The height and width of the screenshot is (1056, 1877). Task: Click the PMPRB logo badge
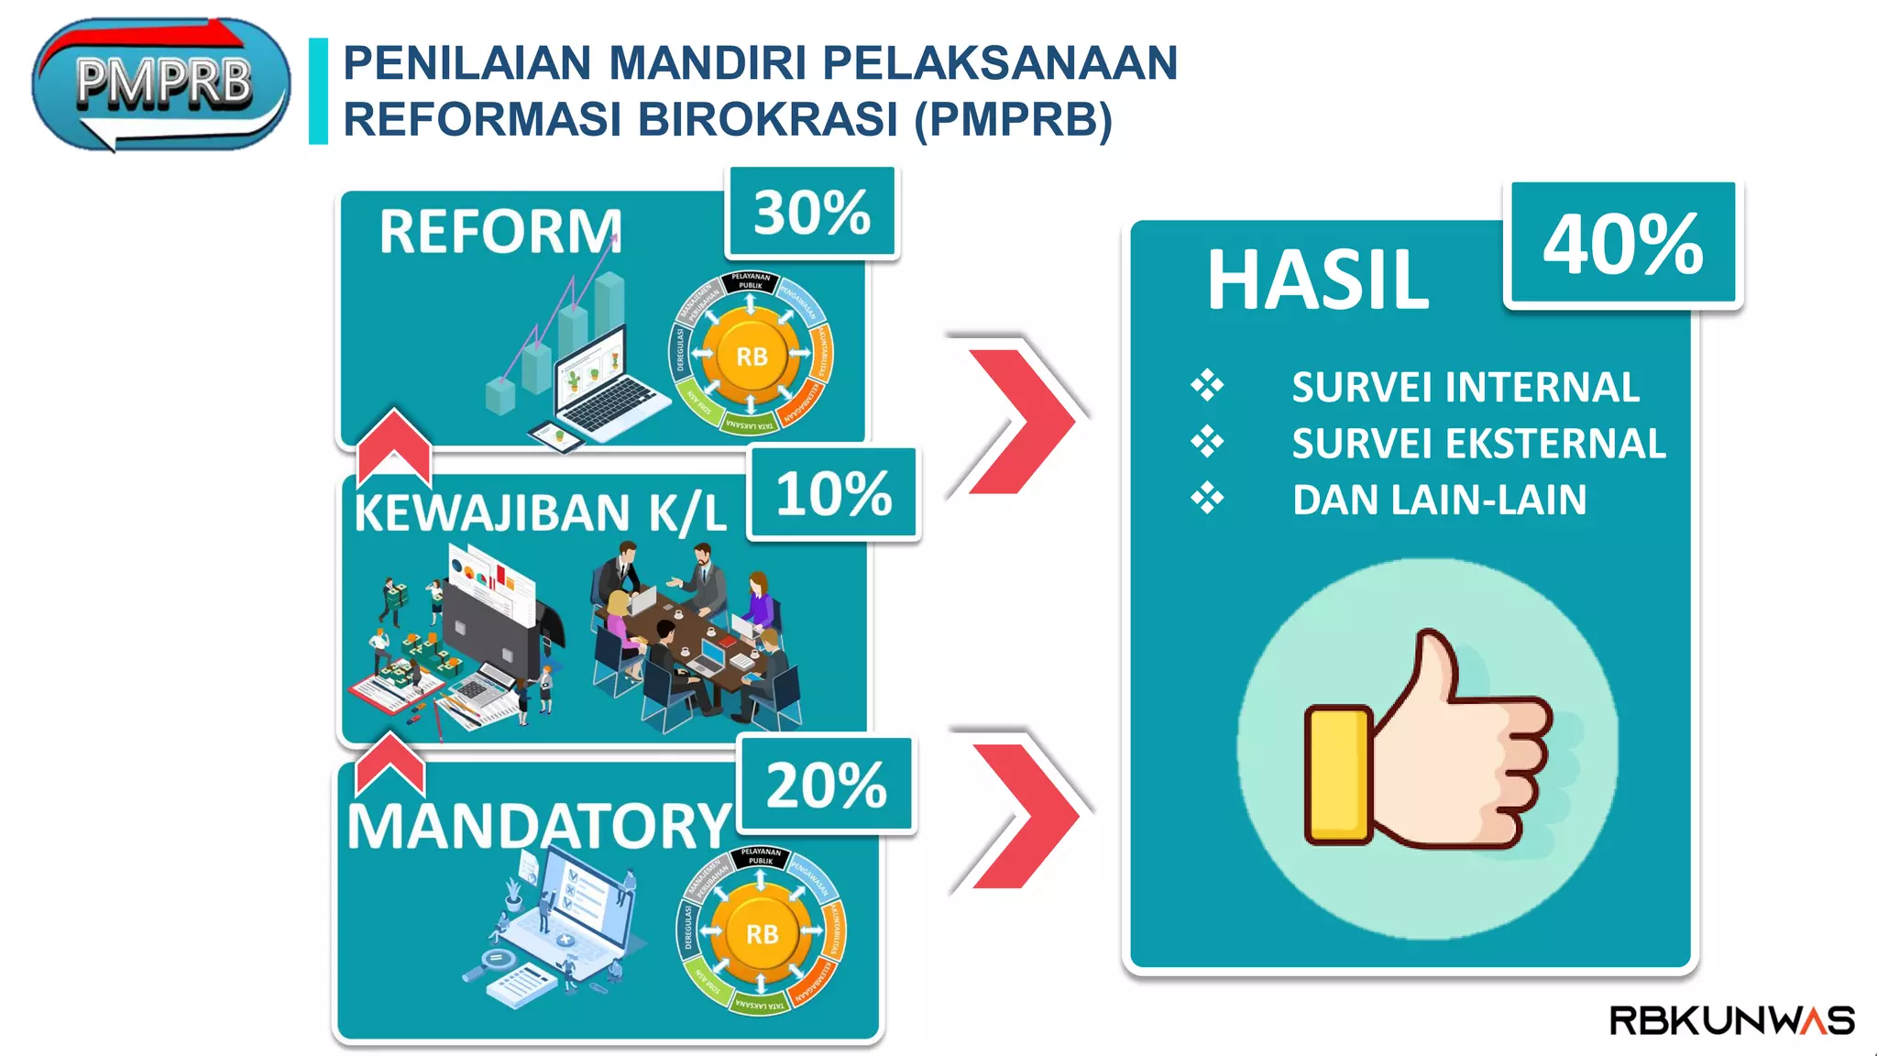[x=161, y=84]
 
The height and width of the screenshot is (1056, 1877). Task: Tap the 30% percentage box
[x=811, y=213]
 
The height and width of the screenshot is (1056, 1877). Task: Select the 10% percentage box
[x=833, y=493]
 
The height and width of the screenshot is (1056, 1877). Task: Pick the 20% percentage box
[x=826, y=785]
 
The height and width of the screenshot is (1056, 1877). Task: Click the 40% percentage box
[x=1622, y=244]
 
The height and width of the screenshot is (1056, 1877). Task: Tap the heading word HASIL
[x=1317, y=280]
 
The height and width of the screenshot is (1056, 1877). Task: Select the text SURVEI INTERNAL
[x=1465, y=387]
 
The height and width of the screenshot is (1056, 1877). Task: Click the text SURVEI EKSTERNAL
[x=1478, y=444]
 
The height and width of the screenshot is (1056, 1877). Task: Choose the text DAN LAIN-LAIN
[x=1439, y=500]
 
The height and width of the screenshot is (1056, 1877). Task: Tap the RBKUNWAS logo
[x=1731, y=1020]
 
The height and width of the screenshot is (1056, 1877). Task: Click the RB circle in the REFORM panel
[x=752, y=356]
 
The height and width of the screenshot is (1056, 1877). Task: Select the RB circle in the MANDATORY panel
[x=762, y=933]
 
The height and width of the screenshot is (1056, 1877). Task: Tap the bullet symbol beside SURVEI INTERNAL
[x=1207, y=385]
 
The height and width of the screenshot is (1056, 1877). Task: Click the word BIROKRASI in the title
[x=767, y=119]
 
